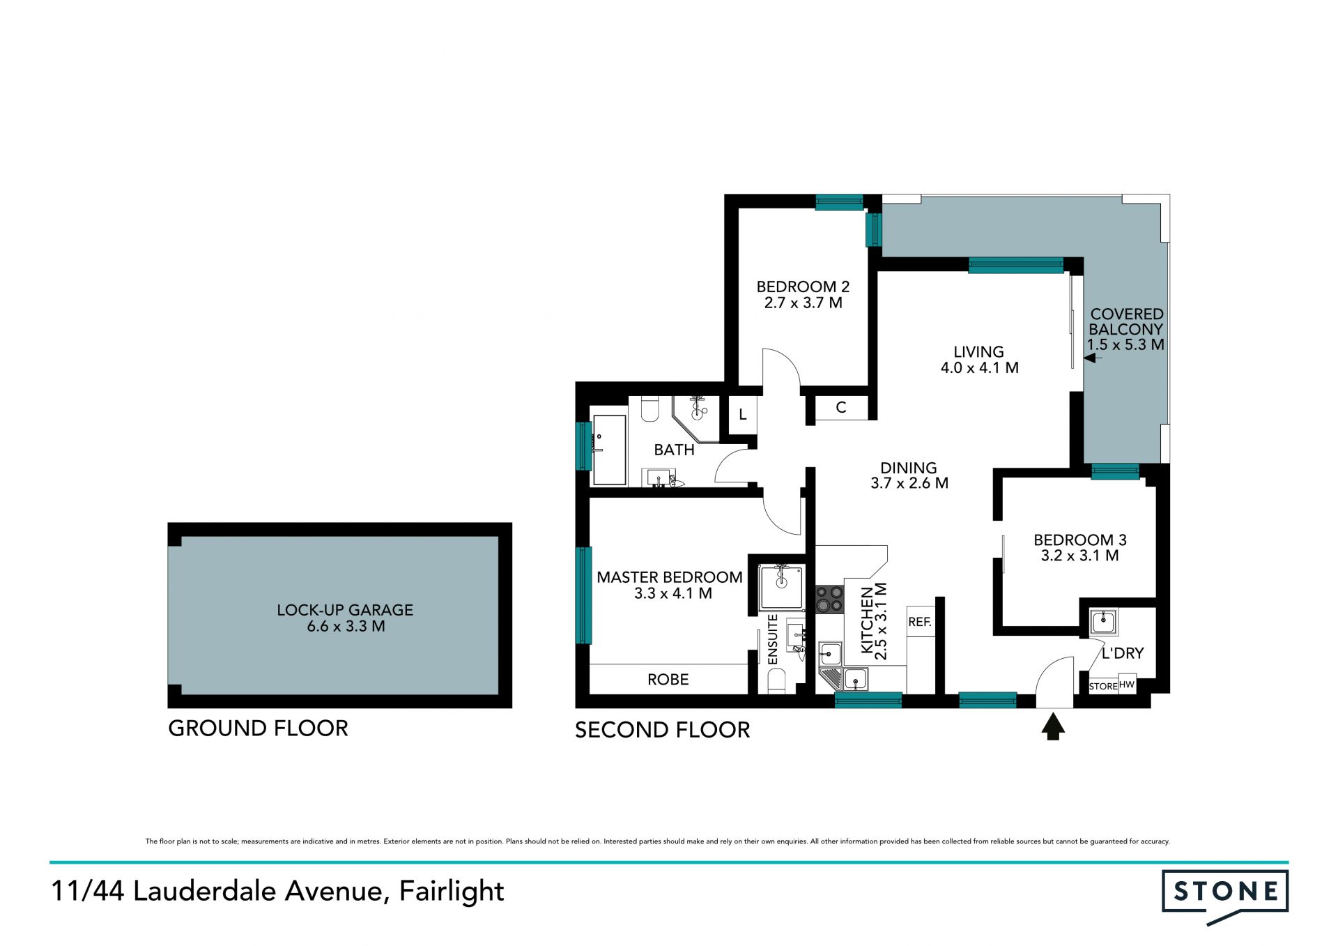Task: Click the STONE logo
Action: click(x=1225, y=895)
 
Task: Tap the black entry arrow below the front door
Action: click(x=1053, y=728)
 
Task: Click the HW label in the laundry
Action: click(x=1127, y=685)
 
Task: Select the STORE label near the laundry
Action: click(x=1103, y=687)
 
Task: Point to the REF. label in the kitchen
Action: click(x=920, y=622)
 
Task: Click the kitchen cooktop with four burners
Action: click(x=829, y=599)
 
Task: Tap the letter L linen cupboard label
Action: click(x=743, y=415)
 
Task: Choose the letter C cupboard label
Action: click(x=841, y=408)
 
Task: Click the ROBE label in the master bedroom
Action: click(x=668, y=680)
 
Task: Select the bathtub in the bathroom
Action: click(x=609, y=450)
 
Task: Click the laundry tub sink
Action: click(x=1103, y=621)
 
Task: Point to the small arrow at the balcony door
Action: click(x=1093, y=358)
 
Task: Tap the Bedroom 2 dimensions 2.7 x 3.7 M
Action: click(x=803, y=303)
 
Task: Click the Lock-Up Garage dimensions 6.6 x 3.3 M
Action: click(x=346, y=626)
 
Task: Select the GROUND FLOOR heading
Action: click(x=258, y=728)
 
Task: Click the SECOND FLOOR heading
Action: click(x=662, y=730)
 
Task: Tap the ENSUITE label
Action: click(x=772, y=639)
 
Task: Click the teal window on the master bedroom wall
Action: click(x=584, y=595)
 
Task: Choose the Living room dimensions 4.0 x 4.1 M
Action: click(x=980, y=368)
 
